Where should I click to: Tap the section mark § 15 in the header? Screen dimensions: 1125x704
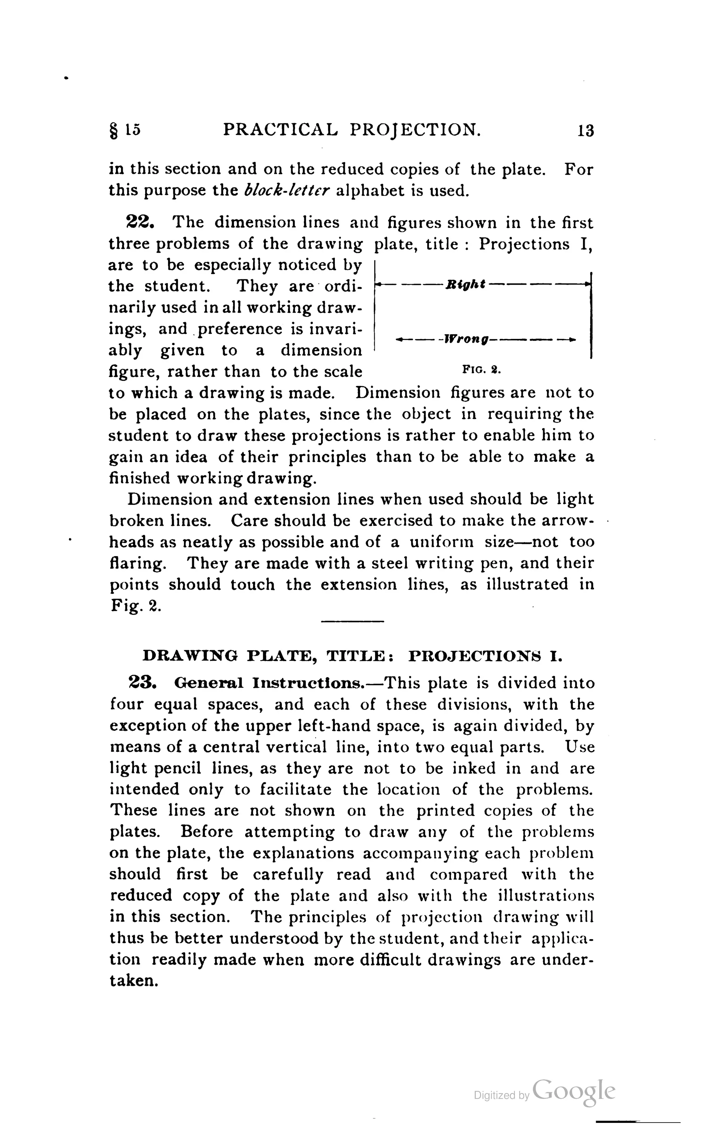click(124, 130)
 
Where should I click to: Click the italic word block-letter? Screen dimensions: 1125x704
click(287, 190)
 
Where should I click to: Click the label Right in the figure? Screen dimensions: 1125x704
click(465, 284)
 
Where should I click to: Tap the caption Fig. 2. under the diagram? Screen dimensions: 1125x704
click(481, 371)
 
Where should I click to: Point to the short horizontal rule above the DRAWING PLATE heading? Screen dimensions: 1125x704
click(352, 621)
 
